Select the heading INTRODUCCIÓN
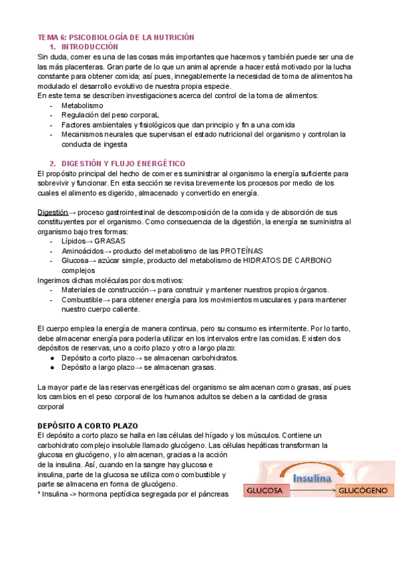pyautogui.click(x=89, y=47)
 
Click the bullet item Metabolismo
pyautogui.click(x=82, y=105)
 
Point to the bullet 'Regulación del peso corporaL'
pyautogui.click(x=110, y=115)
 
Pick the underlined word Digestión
pyautogui.click(x=52, y=212)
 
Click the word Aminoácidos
pyautogui.click(x=82, y=251)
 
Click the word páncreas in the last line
pyautogui.click(x=212, y=494)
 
